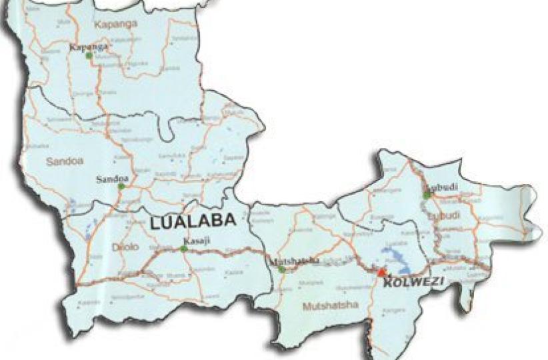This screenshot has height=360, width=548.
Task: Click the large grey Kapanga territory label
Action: tap(116, 24)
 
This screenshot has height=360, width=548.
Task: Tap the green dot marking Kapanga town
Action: tap(89, 55)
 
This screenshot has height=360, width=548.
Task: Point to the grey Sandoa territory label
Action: tap(61, 161)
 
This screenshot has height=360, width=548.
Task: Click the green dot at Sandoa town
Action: tap(121, 187)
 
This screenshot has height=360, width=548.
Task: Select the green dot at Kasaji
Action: tap(183, 249)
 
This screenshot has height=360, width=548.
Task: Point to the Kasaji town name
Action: tap(193, 241)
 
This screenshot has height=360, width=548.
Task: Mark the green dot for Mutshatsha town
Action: tap(282, 269)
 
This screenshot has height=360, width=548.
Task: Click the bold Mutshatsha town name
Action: tap(293, 261)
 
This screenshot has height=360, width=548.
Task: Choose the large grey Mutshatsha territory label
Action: tap(331, 306)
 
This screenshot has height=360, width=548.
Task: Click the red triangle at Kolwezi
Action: tap(381, 272)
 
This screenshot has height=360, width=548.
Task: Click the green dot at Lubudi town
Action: tap(427, 195)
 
